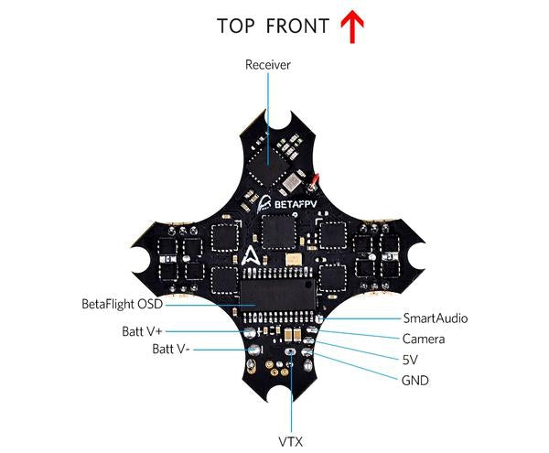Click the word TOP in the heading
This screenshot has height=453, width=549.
point(237,26)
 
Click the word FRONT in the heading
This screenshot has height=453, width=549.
point(296,26)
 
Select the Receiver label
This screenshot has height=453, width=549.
point(267,65)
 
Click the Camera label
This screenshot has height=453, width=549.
point(424,340)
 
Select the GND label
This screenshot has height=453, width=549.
point(414,380)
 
